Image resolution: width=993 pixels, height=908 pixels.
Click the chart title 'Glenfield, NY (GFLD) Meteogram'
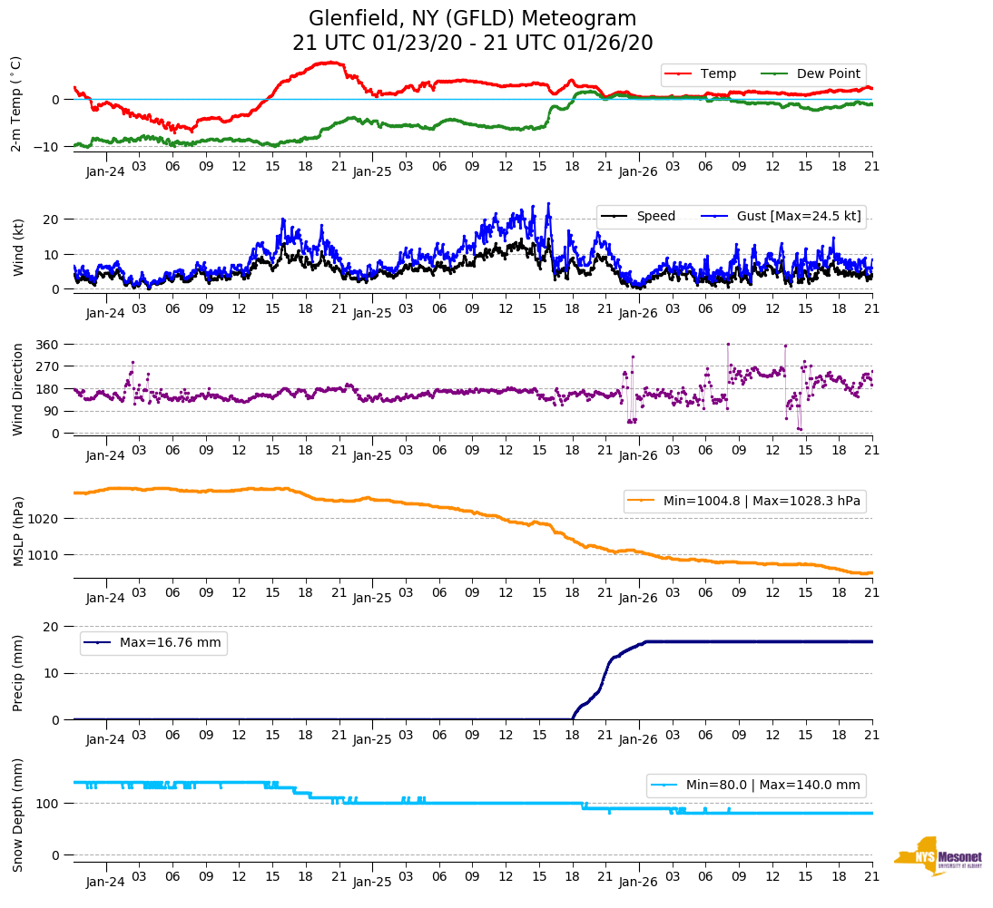pyautogui.click(x=472, y=19)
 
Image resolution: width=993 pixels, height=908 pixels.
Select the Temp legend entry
pyautogui.click(x=718, y=74)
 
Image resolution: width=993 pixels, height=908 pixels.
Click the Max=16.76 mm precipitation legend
pyautogui.click(x=170, y=642)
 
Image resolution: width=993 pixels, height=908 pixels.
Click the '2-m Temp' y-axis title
pyautogui.click(x=16, y=103)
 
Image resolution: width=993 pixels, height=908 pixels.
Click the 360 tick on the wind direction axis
pyautogui.click(x=48, y=345)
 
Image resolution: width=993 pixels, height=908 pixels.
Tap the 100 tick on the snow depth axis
pyautogui.click(x=48, y=804)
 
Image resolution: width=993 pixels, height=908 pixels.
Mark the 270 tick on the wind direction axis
pyautogui.click(x=48, y=367)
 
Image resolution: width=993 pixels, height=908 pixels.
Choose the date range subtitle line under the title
pyautogui.click(x=472, y=44)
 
